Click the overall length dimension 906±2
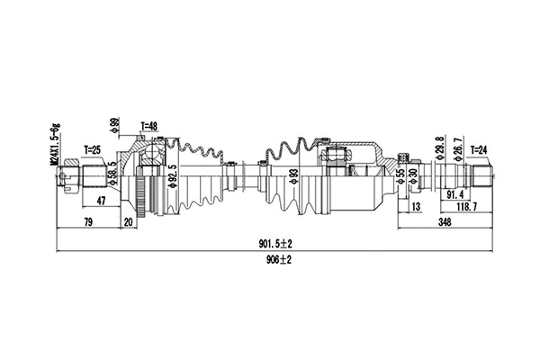point(276,260)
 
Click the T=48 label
point(150,126)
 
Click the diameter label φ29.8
point(439,146)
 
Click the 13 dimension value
point(415,206)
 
